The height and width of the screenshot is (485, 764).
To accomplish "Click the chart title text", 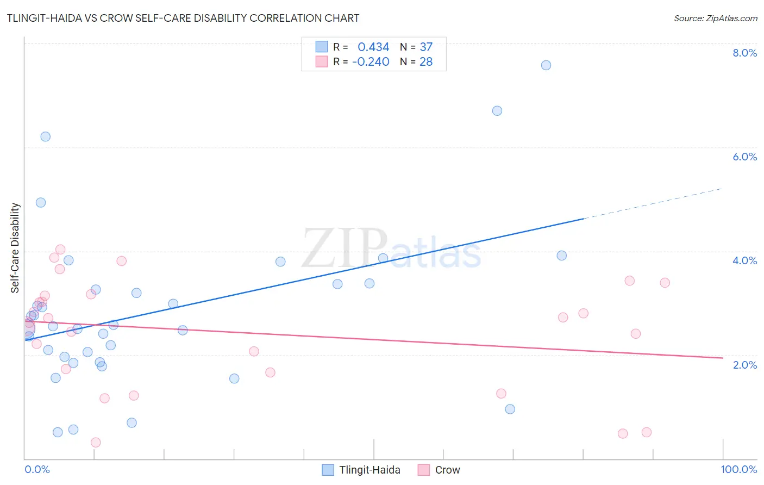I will pos(183,18).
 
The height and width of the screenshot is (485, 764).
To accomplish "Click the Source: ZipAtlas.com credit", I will pos(715,18).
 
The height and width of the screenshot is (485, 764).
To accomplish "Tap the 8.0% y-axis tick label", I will pos(744,53).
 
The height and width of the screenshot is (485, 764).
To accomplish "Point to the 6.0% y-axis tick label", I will pos(744,157).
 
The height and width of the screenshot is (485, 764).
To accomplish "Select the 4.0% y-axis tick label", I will pos(744,260).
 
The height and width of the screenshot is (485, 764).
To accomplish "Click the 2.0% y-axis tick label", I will pos(744,365).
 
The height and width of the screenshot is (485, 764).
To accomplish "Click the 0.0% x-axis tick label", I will pos(37,469).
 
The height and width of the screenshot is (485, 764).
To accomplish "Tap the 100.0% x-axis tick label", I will pos(738,469).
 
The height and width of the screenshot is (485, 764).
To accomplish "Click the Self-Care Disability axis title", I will pos(15,248).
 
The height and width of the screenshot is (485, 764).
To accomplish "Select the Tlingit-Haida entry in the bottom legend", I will pos(370,470).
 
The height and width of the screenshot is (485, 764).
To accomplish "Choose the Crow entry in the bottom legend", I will pos(447,470).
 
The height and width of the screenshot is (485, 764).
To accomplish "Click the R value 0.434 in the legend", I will pos(373,47).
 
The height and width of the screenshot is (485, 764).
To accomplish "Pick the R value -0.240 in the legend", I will pos(371,62).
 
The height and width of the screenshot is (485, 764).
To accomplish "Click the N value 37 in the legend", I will pos(426,47).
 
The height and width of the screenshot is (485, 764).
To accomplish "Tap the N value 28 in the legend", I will pos(426,62).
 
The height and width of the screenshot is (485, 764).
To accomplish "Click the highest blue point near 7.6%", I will pos(546,65).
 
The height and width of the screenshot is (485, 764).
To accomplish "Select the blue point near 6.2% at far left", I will pos(46,136).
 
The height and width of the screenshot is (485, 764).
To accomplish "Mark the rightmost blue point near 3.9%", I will pos(562,256).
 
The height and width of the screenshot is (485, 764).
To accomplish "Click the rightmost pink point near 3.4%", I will pos(665,283).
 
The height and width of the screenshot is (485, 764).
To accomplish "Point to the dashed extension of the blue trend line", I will pos(652,203).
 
